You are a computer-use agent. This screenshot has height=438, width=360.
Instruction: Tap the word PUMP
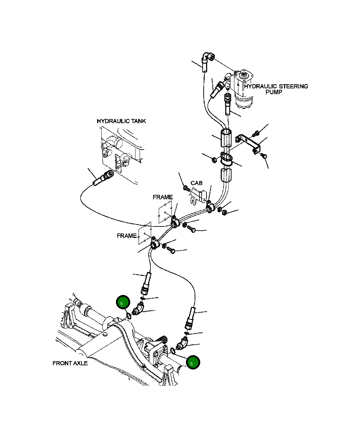pos(274,93)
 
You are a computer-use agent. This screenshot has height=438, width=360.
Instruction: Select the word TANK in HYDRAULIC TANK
pos(138,121)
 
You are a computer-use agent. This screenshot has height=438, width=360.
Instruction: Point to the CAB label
pos(196,183)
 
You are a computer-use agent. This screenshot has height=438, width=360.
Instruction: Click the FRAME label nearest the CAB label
pos(163,197)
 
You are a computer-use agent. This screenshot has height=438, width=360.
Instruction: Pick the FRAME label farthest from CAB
pos(127,236)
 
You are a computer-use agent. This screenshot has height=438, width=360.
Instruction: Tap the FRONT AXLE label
pos(70,363)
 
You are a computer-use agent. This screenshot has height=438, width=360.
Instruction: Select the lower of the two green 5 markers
pos(193,363)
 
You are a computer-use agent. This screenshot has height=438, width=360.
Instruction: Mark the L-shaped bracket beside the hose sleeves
pos(249,143)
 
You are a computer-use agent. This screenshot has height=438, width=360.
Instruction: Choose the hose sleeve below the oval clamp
pos(226,175)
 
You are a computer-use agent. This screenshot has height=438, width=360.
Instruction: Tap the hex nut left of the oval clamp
pos(214,160)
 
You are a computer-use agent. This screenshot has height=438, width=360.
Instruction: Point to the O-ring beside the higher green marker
pos(128,316)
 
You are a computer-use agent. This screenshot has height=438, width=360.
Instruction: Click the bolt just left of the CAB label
pos(186,188)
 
